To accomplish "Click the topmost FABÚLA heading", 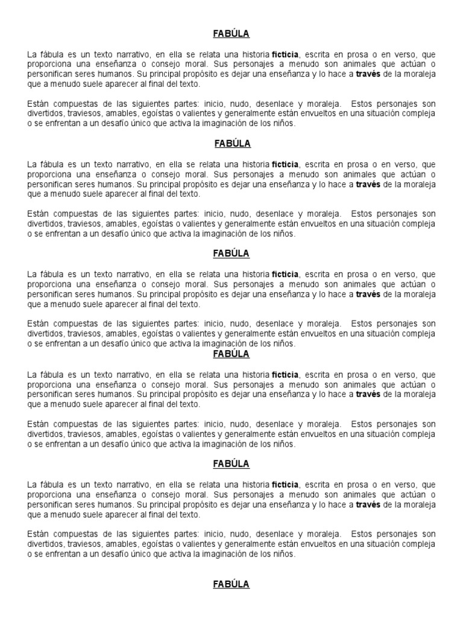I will click(x=232, y=34).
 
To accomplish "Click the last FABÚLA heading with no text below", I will click(x=232, y=584).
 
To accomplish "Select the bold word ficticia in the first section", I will click(x=285, y=54).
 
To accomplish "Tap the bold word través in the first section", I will click(x=368, y=74).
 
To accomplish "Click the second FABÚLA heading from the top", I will click(x=232, y=144).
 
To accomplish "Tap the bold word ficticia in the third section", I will click(x=285, y=274).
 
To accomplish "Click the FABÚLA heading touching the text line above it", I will click(x=232, y=354).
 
